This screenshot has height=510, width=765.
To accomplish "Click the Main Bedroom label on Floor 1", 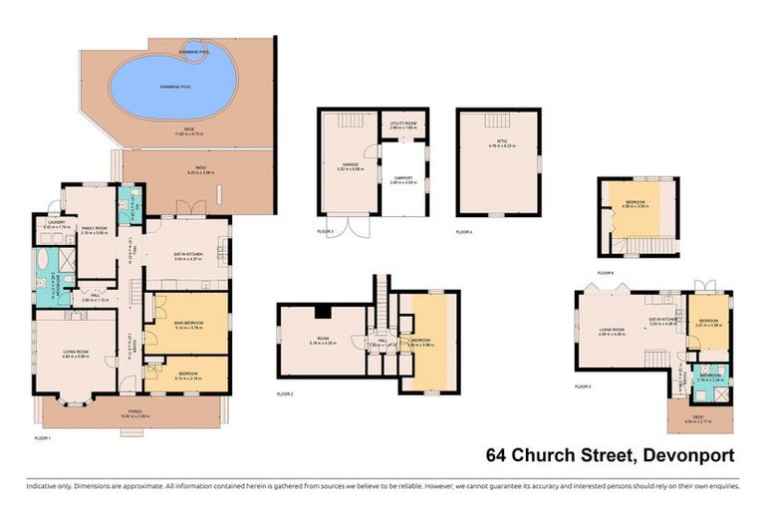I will [187, 311].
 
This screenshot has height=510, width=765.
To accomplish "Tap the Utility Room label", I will [402, 126].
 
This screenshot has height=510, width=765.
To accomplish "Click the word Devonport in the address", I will [686, 456].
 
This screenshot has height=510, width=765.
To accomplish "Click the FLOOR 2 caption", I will [285, 394].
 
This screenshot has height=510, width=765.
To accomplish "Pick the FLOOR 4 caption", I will [464, 231].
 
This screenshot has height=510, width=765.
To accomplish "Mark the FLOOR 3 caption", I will [325, 231].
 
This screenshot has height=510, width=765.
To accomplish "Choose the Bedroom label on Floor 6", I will [636, 203].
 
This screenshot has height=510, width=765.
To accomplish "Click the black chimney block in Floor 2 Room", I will [321, 312].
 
